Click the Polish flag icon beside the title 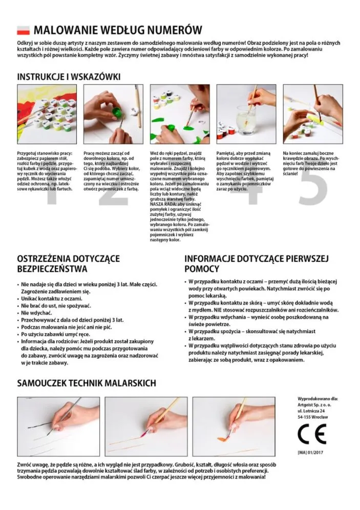coord(24,30)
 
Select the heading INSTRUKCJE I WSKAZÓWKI coord(69,77)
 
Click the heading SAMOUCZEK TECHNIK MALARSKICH coord(87,383)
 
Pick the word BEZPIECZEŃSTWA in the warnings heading coord(52,269)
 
